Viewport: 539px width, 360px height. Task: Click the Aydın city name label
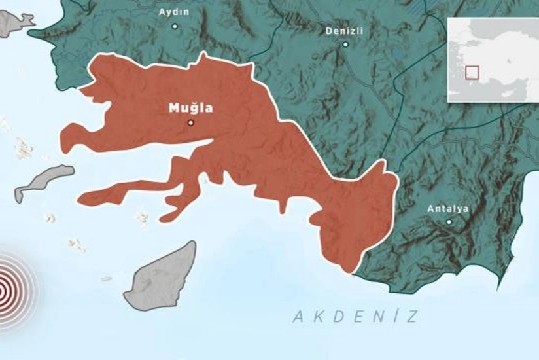[x=175, y=12]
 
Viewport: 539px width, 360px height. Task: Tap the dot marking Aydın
[x=175, y=26]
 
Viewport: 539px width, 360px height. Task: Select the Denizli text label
[x=345, y=31]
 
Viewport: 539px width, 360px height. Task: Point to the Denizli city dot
[x=345, y=45]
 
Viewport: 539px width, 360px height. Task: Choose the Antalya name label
[x=448, y=209]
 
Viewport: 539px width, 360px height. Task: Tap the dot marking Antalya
[x=449, y=222]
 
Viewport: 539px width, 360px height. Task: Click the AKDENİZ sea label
[x=355, y=317]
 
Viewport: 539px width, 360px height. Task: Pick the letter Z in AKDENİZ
[x=411, y=317]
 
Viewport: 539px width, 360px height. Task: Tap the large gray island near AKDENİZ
[x=162, y=278]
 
